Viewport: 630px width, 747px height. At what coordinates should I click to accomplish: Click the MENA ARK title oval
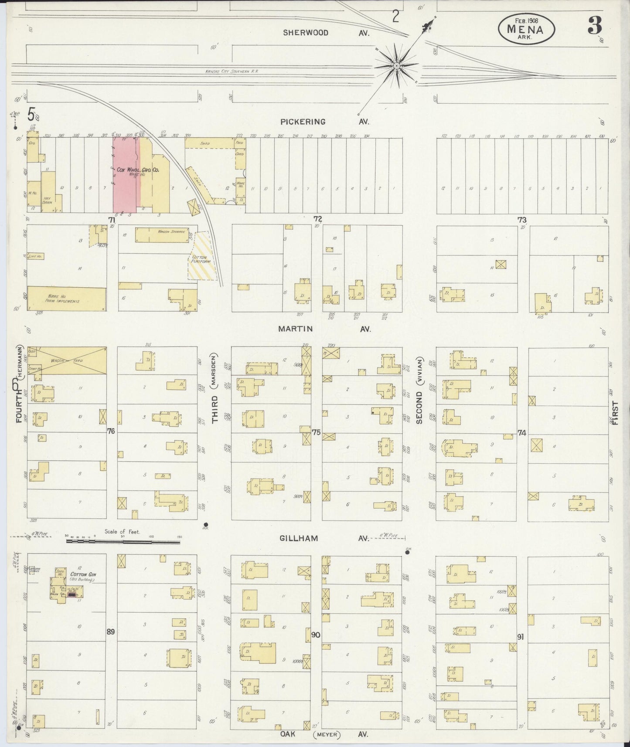527,27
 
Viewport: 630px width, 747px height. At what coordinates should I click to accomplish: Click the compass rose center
396,66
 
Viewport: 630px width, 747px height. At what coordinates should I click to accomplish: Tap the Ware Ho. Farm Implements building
66,299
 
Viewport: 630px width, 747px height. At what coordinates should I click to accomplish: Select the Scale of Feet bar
123,542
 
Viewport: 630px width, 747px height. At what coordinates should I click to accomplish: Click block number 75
317,432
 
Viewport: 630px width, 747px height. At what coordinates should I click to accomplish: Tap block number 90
316,635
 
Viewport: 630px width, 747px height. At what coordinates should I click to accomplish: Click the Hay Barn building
48,198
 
